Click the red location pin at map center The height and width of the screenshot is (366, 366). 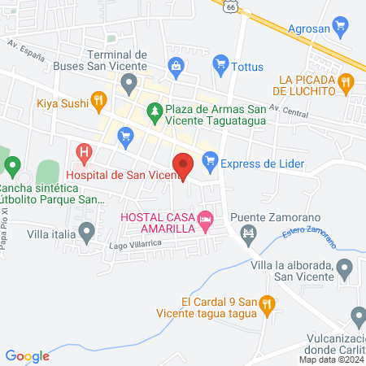point(184,165)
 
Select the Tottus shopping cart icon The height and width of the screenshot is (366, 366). point(219,63)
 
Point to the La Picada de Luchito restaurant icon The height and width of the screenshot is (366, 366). point(346,81)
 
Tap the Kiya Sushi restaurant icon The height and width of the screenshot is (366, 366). point(98,102)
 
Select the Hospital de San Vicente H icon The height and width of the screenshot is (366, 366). point(82,151)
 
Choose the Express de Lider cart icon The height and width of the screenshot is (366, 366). point(209,163)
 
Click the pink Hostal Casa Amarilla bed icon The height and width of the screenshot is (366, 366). point(207,218)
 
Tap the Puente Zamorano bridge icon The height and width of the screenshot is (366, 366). point(248,234)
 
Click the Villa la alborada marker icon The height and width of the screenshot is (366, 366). point(345,267)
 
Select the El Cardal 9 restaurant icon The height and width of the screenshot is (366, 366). point(267,305)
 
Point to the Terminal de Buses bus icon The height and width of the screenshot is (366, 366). point(129,82)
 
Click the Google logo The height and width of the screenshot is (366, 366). point(28,355)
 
